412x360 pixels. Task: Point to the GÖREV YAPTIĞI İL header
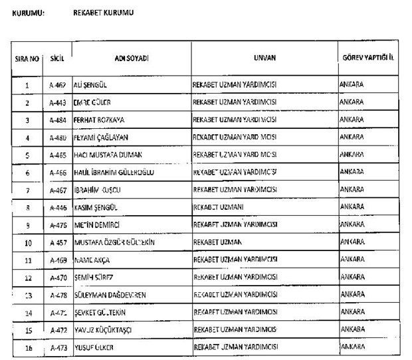coord(368,58)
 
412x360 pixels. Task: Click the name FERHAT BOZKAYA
coord(99,120)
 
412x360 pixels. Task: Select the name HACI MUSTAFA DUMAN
coord(106,155)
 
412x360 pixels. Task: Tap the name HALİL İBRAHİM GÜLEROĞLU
coord(114,172)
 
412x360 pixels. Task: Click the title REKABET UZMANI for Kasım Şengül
coord(216,207)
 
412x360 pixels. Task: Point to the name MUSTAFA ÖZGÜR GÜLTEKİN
coord(114,242)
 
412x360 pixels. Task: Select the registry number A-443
coord(57,103)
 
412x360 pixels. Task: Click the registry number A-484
coord(57,120)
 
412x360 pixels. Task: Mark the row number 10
coord(27,242)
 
